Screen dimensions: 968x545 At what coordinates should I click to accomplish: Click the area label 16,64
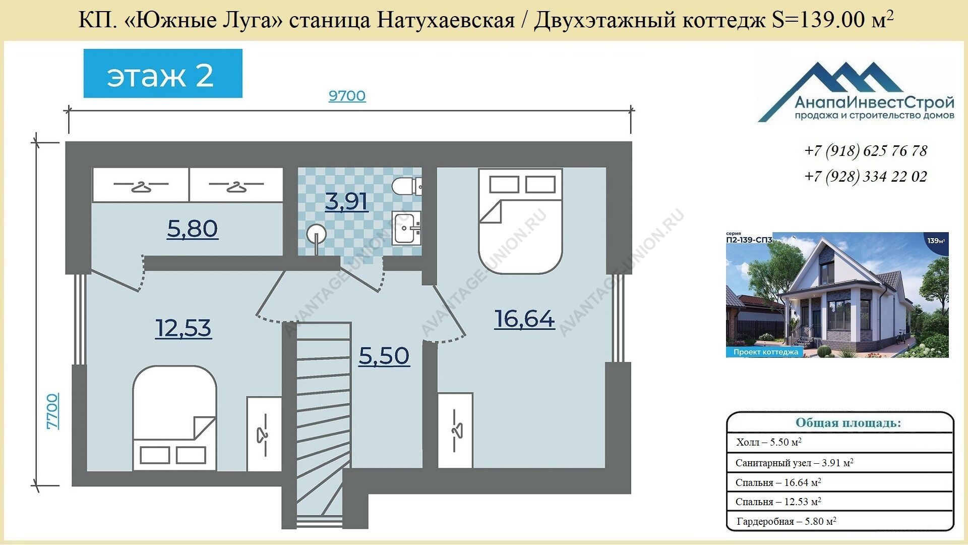(x=524, y=319)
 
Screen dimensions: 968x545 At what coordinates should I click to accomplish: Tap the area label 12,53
(x=183, y=329)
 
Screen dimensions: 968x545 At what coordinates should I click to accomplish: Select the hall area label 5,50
(x=384, y=356)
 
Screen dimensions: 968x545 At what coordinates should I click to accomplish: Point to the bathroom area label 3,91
(x=346, y=202)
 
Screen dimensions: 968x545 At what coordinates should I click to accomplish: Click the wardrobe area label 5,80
(x=193, y=229)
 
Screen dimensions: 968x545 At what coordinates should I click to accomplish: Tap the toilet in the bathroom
(x=406, y=186)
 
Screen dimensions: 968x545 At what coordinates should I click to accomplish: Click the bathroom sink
(x=407, y=228)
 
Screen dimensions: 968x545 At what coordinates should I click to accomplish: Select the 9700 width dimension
(x=347, y=96)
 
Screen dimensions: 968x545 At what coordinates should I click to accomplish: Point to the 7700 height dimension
(x=52, y=411)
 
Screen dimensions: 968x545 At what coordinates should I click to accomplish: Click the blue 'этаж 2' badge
(x=163, y=74)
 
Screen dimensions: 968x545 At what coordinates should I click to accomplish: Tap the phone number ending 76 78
(x=866, y=151)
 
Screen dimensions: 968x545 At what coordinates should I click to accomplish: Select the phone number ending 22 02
(x=866, y=177)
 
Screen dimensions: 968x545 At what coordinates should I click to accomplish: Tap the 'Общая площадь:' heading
(x=848, y=423)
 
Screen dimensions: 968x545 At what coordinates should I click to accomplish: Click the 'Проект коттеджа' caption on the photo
(x=765, y=352)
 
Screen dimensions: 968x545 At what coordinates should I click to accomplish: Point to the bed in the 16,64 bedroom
(x=520, y=221)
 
